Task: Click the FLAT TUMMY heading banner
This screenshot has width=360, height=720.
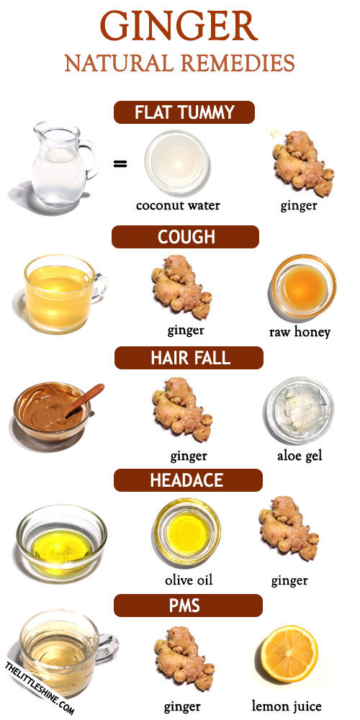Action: click(184, 112)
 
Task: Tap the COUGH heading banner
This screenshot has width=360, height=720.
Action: click(186, 237)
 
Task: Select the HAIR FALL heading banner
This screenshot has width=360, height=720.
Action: click(189, 358)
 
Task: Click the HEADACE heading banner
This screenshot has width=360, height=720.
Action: click(188, 480)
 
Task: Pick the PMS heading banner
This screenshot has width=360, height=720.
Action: click(188, 606)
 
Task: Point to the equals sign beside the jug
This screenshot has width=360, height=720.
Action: click(120, 163)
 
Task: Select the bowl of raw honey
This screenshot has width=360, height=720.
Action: click(302, 287)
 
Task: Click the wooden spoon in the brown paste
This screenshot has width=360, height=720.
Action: click(84, 400)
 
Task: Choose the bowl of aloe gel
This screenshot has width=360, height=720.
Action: click(299, 410)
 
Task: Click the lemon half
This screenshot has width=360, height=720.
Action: click(289, 654)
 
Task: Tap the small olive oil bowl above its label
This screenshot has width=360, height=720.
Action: click(187, 532)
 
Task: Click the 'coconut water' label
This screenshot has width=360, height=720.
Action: click(178, 205)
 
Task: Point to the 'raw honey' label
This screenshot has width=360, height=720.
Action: click(300, 332)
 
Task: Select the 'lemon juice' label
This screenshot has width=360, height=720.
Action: click(287, 706)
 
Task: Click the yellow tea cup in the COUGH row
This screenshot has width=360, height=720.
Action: click(64, 294)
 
